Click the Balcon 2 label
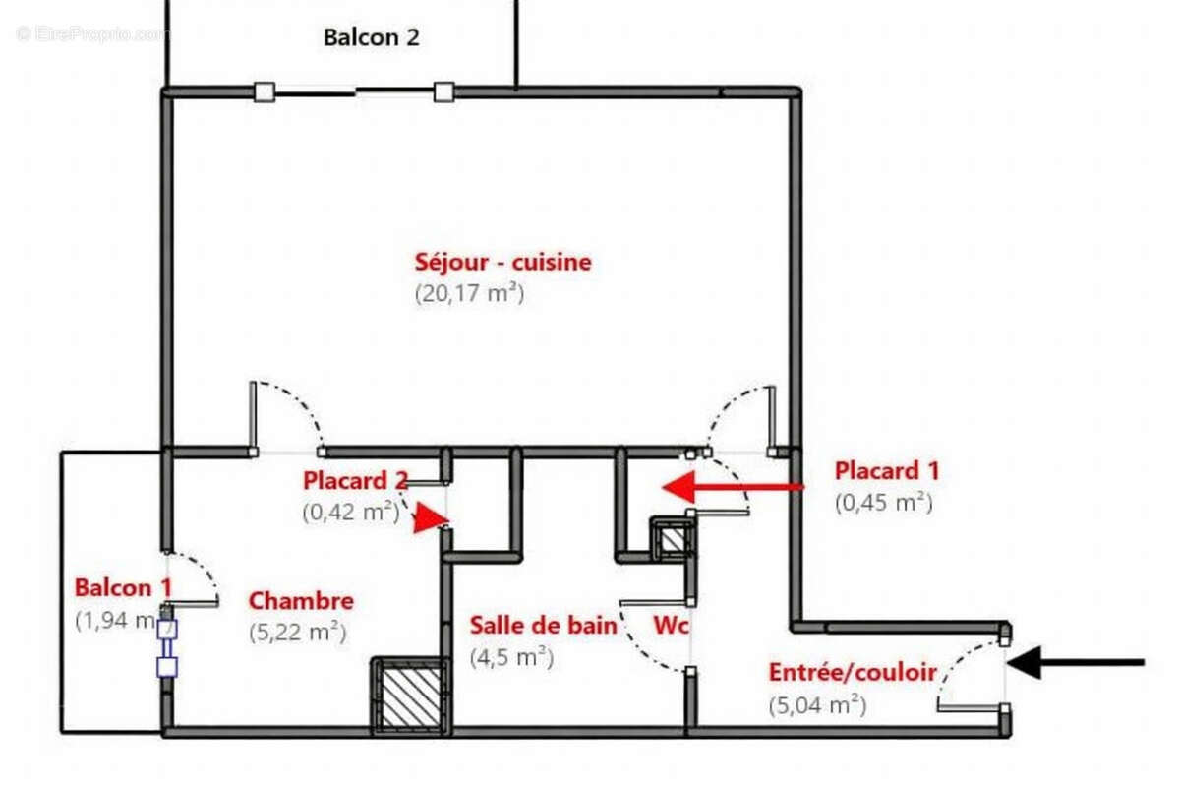(x=371, y=37)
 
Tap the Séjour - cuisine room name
(x=502, y=263)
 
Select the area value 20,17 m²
(x=469, y=293)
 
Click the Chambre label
(x=300, y=601)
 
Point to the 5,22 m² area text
(x=297, y=633)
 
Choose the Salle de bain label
(x=543, y=626)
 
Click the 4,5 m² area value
(x=510, y=656)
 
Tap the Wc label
(x=672, y=626)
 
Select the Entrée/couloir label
(x=852, y=674)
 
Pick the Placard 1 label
(x=886, y=471)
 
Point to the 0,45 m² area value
(x=882, y=502)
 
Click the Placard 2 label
(x=355, y=482)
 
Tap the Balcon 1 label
(x=123, y=588)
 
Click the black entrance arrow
(x=1076, y=663)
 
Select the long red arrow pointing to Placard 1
(x=733, y=486)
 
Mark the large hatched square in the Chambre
(x=410, y=696)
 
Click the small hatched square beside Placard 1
(x=673, y=540)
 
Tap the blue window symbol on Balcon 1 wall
(x=167, y=648)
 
